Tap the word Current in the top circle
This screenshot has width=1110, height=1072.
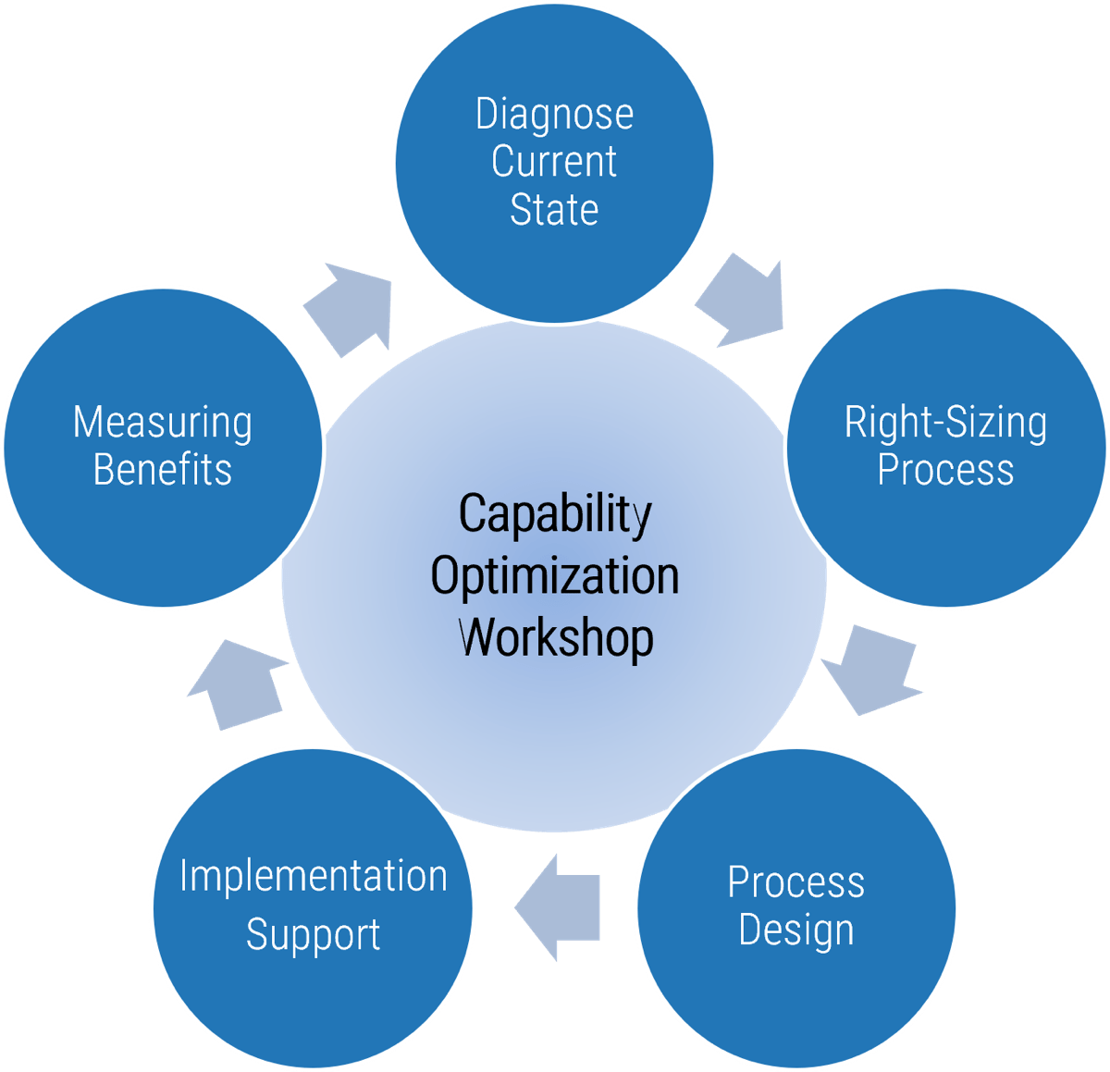click(x=554, y=162)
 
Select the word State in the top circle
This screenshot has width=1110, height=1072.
click(x=554, y=209)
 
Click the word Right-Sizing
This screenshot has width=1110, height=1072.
click(x=945, y=424)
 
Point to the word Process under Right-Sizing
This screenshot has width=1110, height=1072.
click(x=945, y=469)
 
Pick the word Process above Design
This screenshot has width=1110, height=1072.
click(x=795, y=881)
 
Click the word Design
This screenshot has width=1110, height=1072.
click(x=795, y=930)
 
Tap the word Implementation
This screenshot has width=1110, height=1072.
click(x=313, y=876)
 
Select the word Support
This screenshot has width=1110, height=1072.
click(x=313, y=935)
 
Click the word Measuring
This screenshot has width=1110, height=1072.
click(x=163, y=423)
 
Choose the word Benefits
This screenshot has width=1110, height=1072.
click(x=163, y=470)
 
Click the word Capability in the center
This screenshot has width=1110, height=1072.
click(x=555, y=514)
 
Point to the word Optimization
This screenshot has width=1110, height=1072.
click(x=555, y=576)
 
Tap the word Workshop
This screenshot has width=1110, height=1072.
click(x=556, y=637)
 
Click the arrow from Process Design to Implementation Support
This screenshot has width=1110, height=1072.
click(x=560, y=906)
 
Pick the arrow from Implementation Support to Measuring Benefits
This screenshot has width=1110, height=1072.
click(x=238, y=684)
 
